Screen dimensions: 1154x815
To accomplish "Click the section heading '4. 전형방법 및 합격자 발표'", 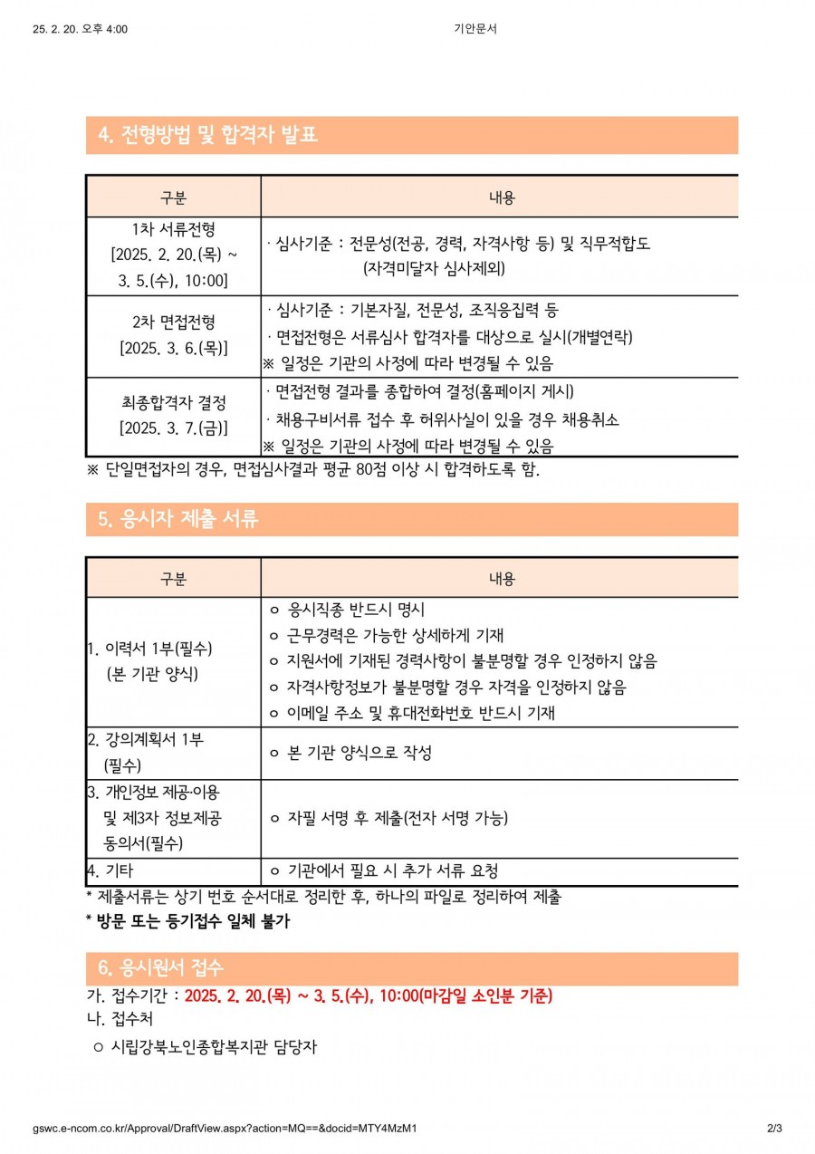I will click(x=207, y=136).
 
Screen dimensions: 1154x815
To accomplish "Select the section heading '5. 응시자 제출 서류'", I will click(x=177, y=520).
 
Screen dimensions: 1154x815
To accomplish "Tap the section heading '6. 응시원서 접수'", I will click(x=159, y=968).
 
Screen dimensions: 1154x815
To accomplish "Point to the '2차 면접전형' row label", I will click(x=173, y=322).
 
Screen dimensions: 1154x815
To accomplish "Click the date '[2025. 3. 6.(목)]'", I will click(x=173, y=348).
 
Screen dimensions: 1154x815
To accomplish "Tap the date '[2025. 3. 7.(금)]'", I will click(x=173, y=427).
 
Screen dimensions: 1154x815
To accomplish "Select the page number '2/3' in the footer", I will click(x=773, y=1129).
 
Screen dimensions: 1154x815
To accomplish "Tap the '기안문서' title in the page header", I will click(x=475, y=29).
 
